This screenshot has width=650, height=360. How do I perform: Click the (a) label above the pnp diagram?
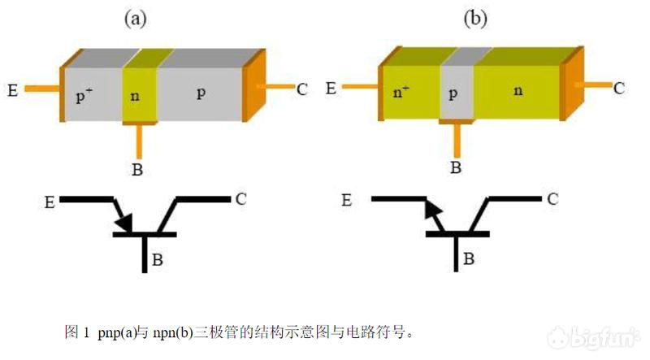tap(134, 19)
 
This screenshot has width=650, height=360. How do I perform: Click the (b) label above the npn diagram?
tap(473, 19)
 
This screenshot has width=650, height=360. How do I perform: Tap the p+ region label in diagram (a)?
tap(84, 96)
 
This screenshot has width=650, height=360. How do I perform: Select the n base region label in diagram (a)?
tap(135, 97)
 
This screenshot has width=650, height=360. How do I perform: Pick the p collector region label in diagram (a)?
tap(201, 93)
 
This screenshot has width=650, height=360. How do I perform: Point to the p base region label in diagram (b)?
tap(452, 93)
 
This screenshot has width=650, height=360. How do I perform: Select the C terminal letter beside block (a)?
tap(301, 89)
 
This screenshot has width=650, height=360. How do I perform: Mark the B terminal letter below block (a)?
tap(137, 170)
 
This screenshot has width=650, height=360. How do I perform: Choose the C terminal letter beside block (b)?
tap(618, 87)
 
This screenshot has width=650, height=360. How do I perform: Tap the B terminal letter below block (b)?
tap(456, 168)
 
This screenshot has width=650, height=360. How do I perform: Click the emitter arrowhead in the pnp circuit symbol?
tap(123, 221)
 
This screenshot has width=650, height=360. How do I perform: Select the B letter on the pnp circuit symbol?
tap(158, 260)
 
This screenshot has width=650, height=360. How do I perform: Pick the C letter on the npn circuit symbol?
tap(552, 198)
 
